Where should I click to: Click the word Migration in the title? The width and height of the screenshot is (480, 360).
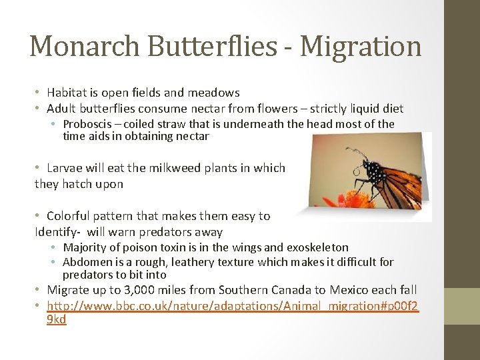tap(361, 47)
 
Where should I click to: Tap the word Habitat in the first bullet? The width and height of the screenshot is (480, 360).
tap(68, 93)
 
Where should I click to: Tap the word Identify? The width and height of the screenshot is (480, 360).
tap(56, 232)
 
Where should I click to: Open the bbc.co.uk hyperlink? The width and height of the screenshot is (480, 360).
tap(232, 305)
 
